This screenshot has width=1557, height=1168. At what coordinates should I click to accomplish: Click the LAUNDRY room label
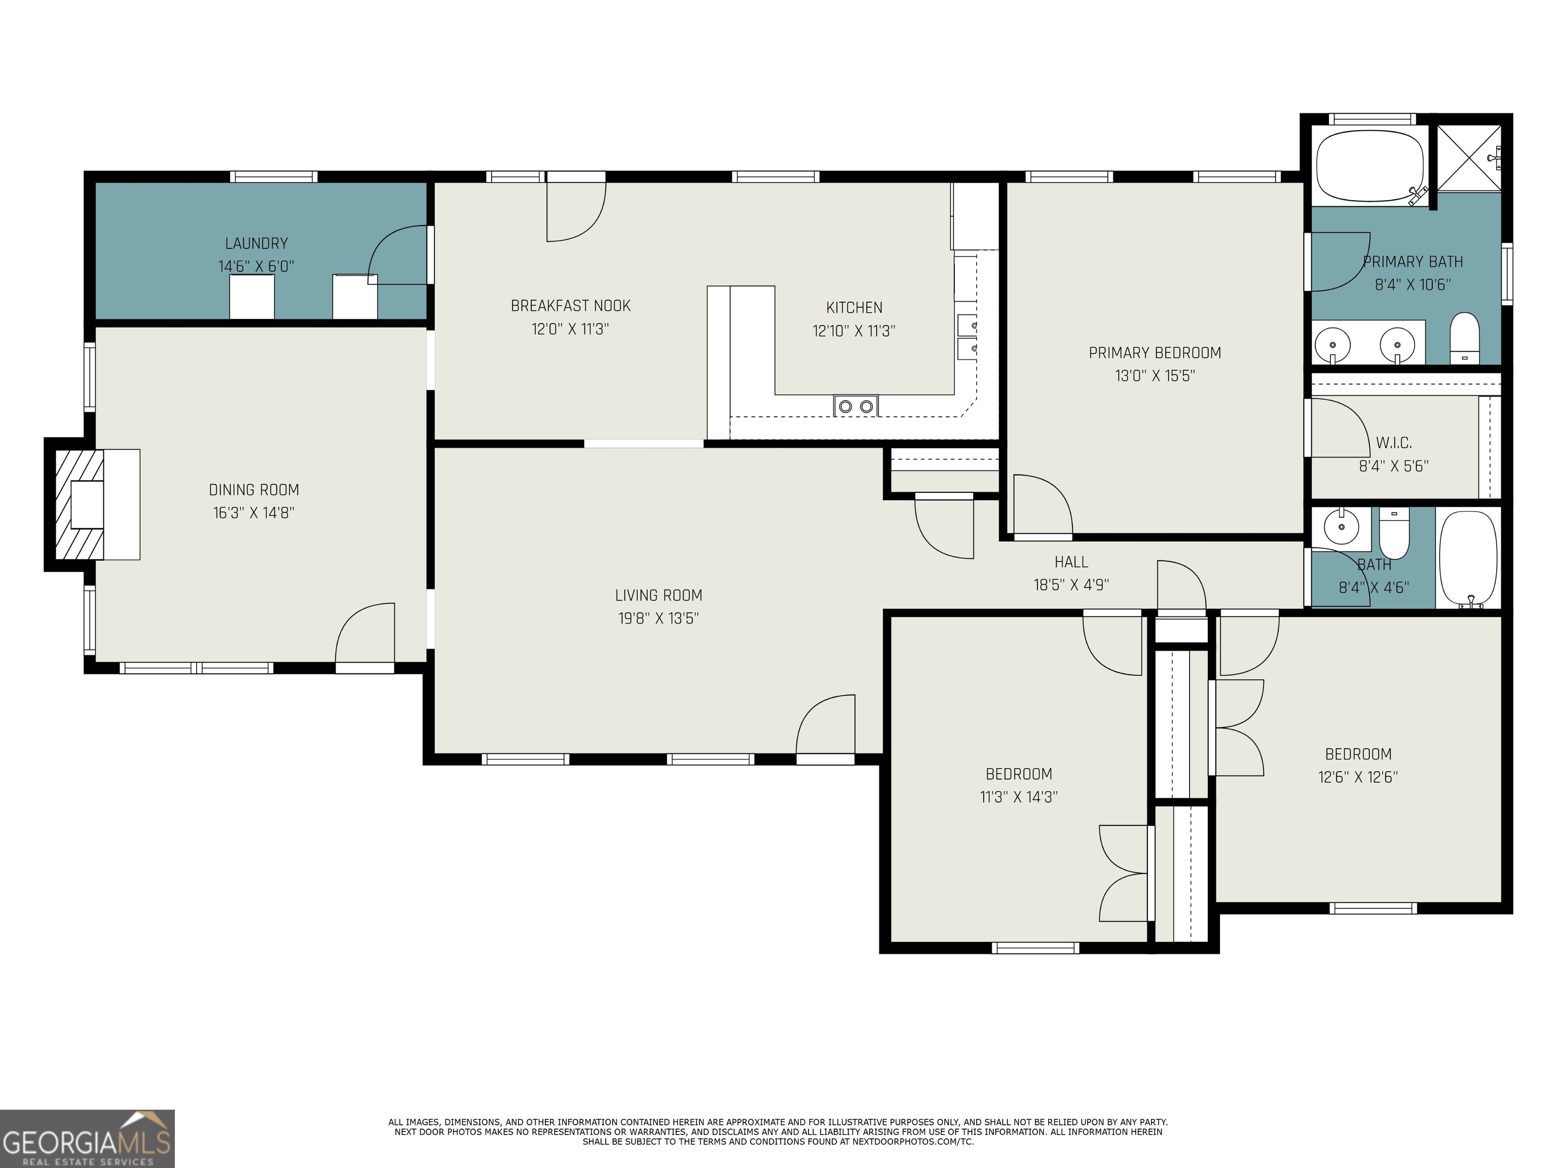256,244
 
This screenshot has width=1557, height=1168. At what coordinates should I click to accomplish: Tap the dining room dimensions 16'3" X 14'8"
254,513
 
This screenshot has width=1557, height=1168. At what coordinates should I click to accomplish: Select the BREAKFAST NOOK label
571,306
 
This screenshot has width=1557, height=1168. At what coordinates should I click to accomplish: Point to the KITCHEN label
855,308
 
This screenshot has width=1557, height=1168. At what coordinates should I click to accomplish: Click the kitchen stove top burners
856,406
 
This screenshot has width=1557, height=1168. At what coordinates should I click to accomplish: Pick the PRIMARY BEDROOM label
1155,353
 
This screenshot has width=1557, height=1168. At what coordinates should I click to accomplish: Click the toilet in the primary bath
1465,338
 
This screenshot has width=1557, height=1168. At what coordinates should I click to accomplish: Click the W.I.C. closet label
1394,443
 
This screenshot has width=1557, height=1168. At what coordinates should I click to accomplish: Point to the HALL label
1071,562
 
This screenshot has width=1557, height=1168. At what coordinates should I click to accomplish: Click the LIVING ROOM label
659,596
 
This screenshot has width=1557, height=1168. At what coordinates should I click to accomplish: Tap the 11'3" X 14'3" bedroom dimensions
1019,797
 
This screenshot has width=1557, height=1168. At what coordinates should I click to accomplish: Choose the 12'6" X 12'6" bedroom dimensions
1358,777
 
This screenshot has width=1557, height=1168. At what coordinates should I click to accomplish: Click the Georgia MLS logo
87,1139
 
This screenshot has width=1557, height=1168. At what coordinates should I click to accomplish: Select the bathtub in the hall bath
1468,558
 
